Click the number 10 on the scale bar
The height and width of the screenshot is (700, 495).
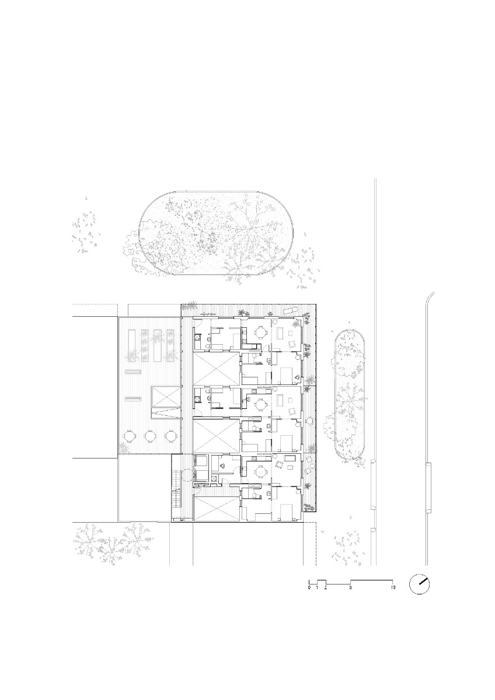click(393, 588)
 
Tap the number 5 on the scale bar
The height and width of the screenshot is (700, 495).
click(351, 588)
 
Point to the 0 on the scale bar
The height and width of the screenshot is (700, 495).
click(309, 588)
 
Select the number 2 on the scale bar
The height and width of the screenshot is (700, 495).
click(326, 588)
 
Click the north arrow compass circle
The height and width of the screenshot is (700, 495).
click(420, 584)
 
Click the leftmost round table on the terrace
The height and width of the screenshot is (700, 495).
click(130, 436)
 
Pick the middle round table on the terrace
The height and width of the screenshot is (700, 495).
click(151, 436)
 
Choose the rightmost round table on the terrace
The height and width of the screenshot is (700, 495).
click(171, 436)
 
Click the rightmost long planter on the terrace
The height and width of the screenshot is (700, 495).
click(170, 345)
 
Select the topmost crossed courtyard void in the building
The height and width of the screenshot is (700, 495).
click(217, 368)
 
